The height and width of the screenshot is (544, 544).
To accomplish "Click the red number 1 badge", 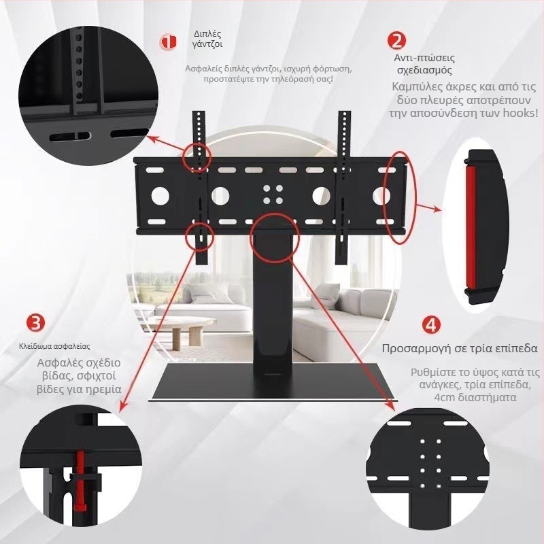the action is pos(168,42).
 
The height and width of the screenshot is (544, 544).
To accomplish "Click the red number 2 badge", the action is pos(396,40).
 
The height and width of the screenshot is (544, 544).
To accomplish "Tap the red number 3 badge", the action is pos(36,322).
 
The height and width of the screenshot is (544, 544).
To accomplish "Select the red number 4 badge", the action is pos(431,325).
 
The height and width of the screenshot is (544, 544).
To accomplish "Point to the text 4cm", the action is pos(445,397).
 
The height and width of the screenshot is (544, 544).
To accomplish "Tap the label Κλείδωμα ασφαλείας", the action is pos(54,346).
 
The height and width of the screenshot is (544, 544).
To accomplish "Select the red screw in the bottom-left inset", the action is pos(81,481).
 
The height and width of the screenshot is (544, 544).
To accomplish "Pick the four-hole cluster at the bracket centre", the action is pos(273,194).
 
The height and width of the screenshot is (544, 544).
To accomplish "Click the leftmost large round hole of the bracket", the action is pos(160,196).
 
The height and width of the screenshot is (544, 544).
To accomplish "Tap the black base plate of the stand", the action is pos(273,382).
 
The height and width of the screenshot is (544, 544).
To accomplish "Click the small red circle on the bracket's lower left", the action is pos(199,237).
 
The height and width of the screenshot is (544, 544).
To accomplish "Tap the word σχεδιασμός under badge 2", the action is pos(424,71).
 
